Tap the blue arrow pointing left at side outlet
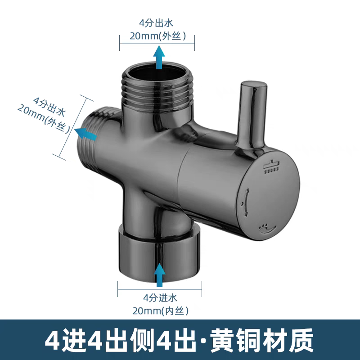click(86, 133)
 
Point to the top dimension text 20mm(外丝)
click(157, 36)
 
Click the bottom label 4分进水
click(160, 297)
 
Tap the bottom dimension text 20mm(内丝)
click(160, 310)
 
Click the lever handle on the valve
click(253, 112)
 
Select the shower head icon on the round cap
click(272, 166)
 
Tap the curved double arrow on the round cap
click(247, 198)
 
